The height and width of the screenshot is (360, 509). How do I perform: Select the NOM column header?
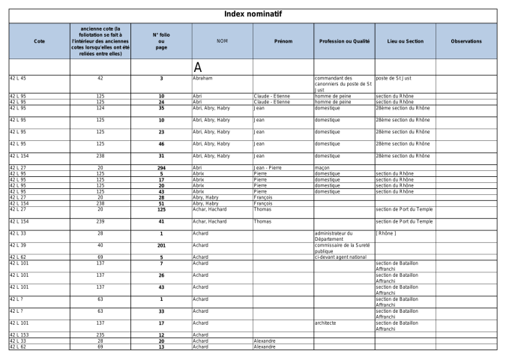222,40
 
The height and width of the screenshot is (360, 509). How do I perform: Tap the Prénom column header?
283,40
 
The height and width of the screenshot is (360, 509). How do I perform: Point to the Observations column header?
466,40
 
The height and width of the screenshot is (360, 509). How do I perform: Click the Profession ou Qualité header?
343,40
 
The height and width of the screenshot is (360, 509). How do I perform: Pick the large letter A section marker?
199,67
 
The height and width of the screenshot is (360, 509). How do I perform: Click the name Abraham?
204,77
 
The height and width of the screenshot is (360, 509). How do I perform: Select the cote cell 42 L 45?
17,77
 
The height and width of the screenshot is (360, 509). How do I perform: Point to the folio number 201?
161,245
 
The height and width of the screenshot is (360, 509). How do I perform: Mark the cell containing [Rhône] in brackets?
387,233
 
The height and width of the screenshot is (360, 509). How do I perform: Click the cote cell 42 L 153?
19,334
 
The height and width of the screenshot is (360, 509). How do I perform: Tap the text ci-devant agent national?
340,256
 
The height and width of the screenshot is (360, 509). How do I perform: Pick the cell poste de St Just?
394,77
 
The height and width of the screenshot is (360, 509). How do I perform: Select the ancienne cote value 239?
100,221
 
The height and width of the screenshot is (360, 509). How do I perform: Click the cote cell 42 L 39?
17,245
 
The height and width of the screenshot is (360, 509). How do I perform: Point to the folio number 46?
161,143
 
